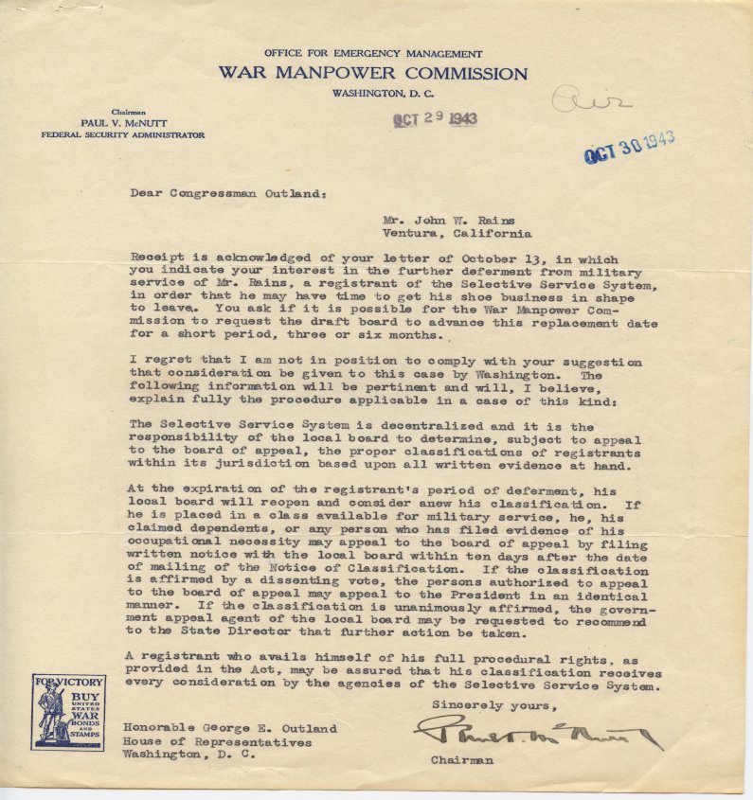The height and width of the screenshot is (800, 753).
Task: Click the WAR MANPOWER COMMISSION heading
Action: pyautogui.click(x=372, y=73)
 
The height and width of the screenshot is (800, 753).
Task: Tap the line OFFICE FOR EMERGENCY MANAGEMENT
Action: pyautogui.click(x=373, y=54)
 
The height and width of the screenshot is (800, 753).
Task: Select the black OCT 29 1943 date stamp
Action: pyautogui.click(x=436, y=120)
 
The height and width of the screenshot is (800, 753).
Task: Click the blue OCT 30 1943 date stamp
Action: pyautogui.click(x=629, y=148)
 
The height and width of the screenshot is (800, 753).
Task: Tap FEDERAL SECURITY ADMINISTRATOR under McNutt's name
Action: pyautogui.click(x=122, y=135)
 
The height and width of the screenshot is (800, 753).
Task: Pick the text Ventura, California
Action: pyautogui.click(x=457, y=233)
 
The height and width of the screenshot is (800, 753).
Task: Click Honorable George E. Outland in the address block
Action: pyautogui.click(x=229, y=728)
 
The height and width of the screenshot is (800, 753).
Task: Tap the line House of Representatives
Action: pyautogui.click(x=217, y=742)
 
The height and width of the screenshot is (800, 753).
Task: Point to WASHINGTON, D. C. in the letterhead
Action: pyautogui.click(x=372, y=92)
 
